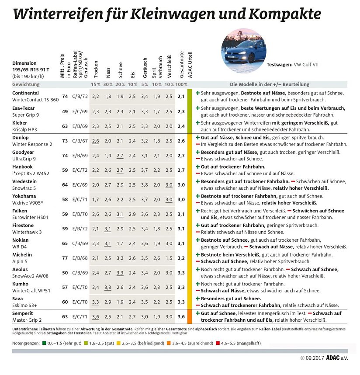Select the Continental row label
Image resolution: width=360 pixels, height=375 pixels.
click(x=25, y=93)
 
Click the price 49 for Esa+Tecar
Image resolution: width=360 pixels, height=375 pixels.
click(x=65, y=111)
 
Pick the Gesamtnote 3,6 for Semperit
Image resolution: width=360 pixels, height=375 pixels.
click(x=181, y=316)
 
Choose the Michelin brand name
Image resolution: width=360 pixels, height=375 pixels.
click(x=22, y=254)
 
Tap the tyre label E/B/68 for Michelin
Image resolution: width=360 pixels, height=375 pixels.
click(x=80, y=257)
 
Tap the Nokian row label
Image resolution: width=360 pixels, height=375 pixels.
click(x=21, y=240)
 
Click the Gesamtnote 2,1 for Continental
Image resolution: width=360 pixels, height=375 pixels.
click(x=181, y=96)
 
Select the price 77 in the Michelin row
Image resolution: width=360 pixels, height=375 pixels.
click(x=65, y=257)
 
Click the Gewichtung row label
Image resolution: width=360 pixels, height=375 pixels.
click(x=26, y=84)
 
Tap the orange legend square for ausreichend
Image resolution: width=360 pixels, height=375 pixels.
click(x=168, y=343)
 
